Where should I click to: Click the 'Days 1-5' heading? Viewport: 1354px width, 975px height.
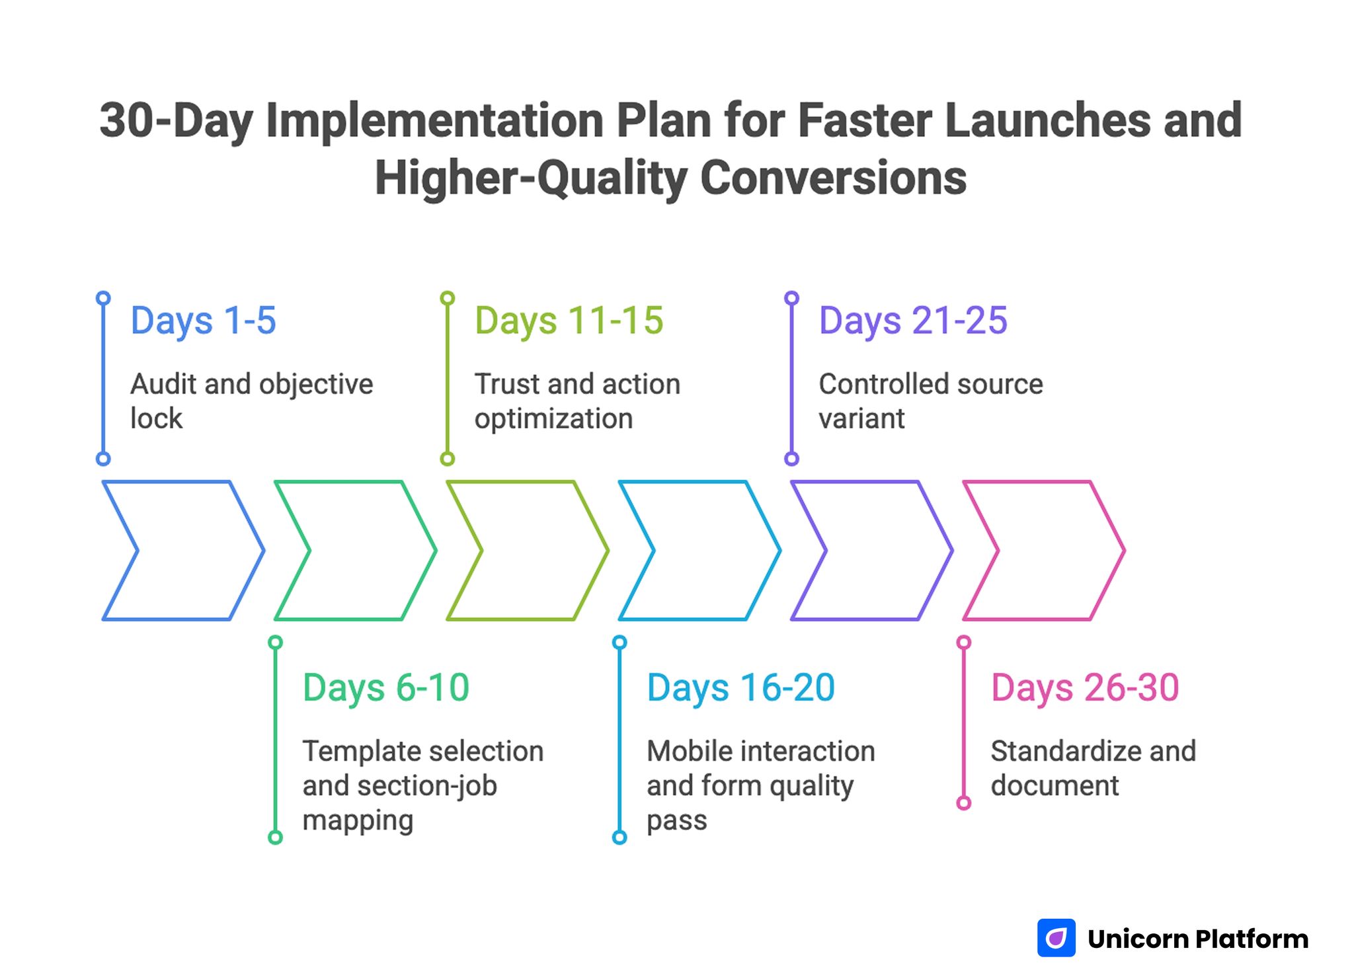tap(203, 321)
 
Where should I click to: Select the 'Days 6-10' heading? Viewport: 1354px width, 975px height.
tap(385, 688)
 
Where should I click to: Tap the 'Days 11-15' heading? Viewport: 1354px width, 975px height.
tap(569, 321)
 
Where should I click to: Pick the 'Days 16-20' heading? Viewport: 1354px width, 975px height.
tap(740, 688)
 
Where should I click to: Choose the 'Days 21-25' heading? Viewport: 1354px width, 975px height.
tap(912, 321)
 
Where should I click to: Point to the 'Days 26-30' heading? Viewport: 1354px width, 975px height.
tap(1084, 688)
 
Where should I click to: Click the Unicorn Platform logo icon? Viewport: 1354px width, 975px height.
tap(1056, 937)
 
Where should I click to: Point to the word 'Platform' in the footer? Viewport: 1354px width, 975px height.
tap(1252, 939)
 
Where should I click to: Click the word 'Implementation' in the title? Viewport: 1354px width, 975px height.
tap(434, 121)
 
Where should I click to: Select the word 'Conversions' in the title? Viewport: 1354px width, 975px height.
tap(833, 178)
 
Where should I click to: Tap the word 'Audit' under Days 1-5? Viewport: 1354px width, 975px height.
tap(163, 384)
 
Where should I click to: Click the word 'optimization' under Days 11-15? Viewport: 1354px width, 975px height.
tap(553, 419)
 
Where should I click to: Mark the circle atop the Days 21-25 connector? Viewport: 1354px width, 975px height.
tap(791, 298)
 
